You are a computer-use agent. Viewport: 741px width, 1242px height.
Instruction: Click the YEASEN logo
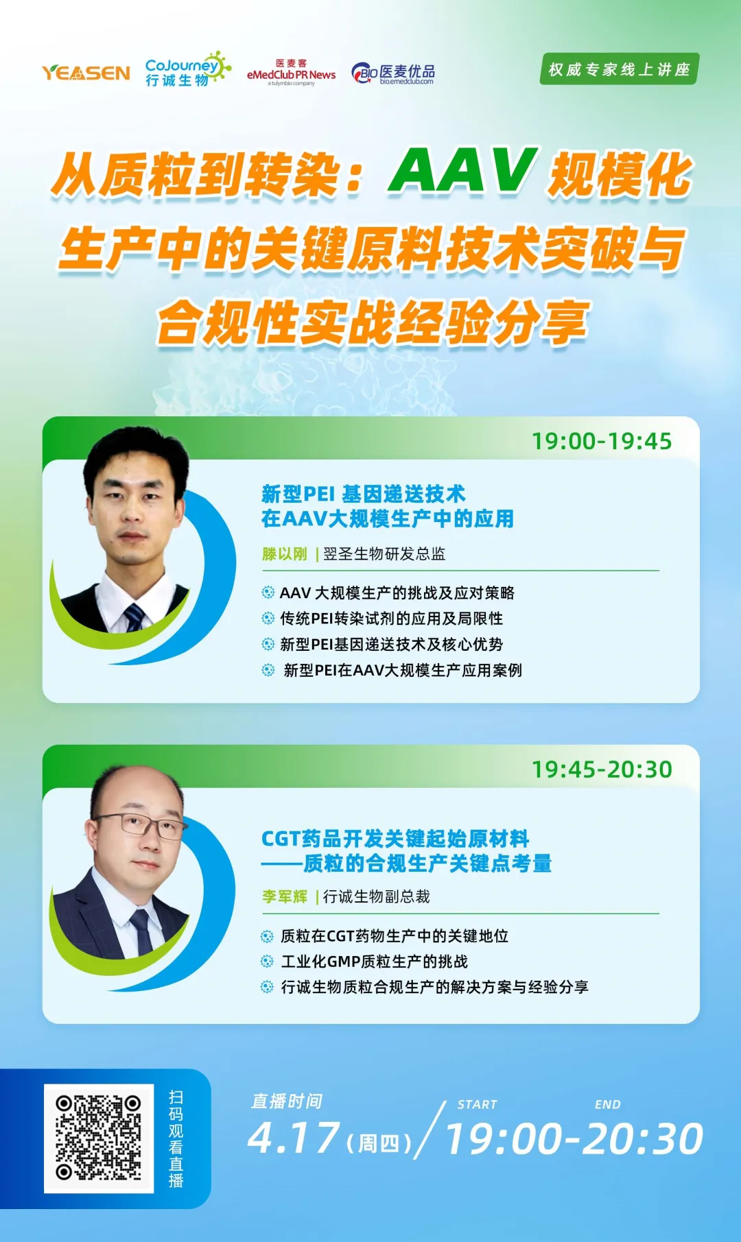(x=86, y=73)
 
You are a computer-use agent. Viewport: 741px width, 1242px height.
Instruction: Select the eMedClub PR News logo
(x=291, y=73)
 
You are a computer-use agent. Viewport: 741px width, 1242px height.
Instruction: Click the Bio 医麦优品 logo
(x=393, y=73)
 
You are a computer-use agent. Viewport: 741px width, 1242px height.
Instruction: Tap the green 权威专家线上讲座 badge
(x=619, y=69)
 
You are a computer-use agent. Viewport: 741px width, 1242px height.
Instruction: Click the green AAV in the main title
(x=462, y=171)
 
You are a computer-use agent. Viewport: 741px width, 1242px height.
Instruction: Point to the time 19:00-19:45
(x=602, y=441)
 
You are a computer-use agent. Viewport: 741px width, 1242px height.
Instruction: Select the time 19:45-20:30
(x=602, y=769)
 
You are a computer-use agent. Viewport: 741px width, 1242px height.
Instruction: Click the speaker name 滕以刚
(x=284, y=554)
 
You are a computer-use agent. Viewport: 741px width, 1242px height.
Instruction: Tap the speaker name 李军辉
(x=284, y=896)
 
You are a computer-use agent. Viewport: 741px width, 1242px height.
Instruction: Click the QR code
(x=98, y=1138)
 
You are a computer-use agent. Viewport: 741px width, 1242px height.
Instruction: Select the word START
(x=477, y=1105)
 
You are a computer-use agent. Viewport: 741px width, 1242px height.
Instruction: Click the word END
(x=607, y=1105)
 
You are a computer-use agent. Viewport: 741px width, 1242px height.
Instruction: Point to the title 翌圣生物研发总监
(x=384, y=554)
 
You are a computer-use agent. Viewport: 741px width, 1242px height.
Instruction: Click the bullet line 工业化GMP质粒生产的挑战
(x=374, y=962)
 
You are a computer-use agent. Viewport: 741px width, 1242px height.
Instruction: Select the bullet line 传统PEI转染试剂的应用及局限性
(x=391, y=619)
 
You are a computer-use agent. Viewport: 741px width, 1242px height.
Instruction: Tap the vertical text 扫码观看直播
(x=176, y=1138)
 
